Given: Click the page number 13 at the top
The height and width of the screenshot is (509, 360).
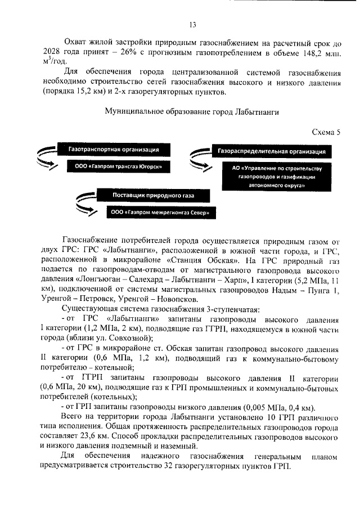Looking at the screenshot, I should (191, 24).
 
